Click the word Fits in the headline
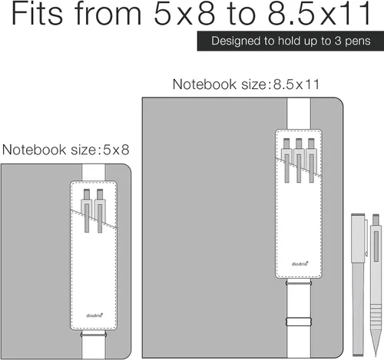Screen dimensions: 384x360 coord(37,13)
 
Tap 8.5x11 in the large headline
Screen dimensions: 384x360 coord(319,13)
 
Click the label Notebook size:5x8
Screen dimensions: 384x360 coord(65,150)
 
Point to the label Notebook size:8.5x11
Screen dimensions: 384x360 coord(247,84)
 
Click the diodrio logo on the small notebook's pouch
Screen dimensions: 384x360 coord(94,315)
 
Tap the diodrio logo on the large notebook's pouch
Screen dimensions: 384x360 coord(300,263)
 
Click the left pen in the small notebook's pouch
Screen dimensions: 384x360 coord(87,210)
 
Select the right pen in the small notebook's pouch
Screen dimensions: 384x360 coord(100,210)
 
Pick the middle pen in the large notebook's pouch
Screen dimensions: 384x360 coord(299,160)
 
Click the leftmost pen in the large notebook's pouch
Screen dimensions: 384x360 coord(286,160)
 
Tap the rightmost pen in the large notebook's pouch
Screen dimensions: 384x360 coord(311,160)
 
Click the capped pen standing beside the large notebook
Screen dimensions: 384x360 coord(359,285)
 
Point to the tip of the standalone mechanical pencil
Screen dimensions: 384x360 coord(376,356)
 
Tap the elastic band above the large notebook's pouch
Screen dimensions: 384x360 coord(299,114)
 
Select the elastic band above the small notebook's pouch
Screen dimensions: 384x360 coord(94,173)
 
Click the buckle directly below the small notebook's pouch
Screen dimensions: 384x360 coord(94,334)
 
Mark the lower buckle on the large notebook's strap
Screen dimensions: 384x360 coord(299,322)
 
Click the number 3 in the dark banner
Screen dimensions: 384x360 coord(338,41)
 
